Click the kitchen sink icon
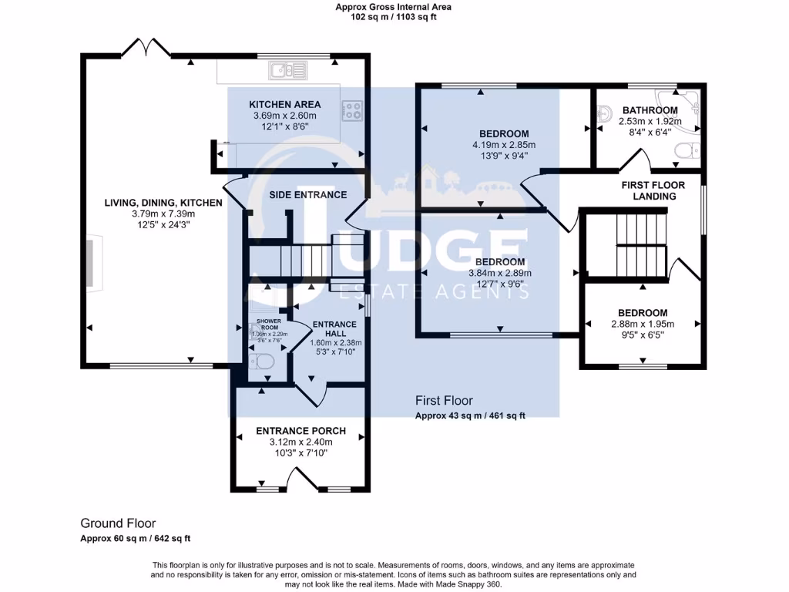287,71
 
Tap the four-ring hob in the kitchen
351,111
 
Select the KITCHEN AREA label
284,105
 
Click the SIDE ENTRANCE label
307,194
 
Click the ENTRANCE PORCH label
300,431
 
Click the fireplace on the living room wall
90,264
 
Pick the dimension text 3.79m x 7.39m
163,214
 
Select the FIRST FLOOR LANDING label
649,190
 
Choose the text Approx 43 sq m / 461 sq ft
470,416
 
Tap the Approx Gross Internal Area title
394,7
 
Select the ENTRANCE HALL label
334,328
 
